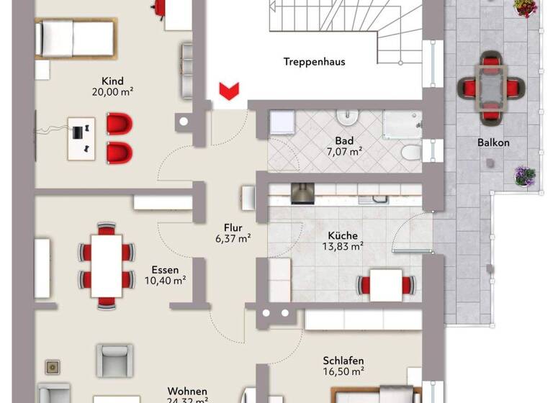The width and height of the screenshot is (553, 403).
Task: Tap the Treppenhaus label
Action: point(314,62)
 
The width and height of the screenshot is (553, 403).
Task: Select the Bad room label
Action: point(343,140)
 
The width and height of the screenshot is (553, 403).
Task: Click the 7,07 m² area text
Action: point(343,152)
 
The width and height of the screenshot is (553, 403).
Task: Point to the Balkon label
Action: point(493,142)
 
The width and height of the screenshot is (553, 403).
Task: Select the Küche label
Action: point(343,235)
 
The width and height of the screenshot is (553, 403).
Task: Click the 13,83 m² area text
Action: point(343,246)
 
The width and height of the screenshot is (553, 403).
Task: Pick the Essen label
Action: point(166,269)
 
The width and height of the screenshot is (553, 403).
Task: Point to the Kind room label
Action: point(112,81)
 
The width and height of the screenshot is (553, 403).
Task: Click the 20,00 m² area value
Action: point(112,91)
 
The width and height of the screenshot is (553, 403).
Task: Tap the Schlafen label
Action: point(343,361)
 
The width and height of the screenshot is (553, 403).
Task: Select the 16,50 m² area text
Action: point(343,371)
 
